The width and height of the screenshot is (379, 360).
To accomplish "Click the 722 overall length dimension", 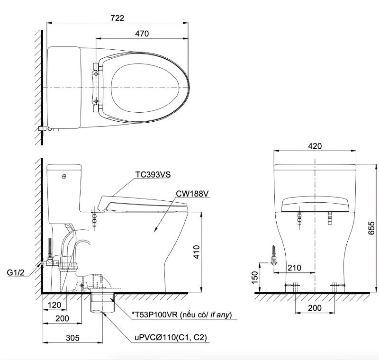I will (117, 18).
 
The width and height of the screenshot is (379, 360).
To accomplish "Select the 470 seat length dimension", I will (142, 34).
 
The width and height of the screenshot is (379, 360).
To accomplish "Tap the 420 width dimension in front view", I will (315, 146).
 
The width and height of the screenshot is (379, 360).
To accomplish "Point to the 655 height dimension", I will (372, 229).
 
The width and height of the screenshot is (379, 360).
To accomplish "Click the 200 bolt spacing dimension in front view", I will (315, 308).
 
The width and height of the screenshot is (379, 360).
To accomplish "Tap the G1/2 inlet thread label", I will (16, 272).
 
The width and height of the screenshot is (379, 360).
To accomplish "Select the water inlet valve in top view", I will (45, 128).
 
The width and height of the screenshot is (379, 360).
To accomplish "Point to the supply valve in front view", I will (273, 259).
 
